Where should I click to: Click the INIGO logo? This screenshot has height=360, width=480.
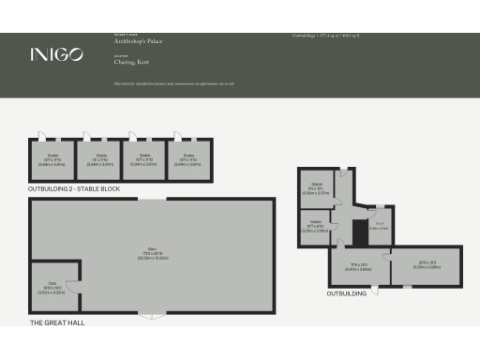click(x=55, y=53)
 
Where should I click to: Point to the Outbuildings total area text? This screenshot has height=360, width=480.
click(x=326, y=35)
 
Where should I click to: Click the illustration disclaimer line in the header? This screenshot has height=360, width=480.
click(x=173, y=83)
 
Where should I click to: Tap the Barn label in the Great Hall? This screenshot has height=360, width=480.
click(x=151, y=254)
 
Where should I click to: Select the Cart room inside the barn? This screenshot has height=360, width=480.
click(x=54, y=289)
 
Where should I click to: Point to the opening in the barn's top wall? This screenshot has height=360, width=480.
click(x=151, y=199)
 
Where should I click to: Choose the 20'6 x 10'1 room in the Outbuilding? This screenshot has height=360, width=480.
click(x=425, y=265)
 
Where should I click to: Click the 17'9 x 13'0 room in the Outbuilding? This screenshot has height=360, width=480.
click(x=361, y=266)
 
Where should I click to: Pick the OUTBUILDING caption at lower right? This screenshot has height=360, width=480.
click(x=347, y=293)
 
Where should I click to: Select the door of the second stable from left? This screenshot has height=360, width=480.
click(x=85, y=134)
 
